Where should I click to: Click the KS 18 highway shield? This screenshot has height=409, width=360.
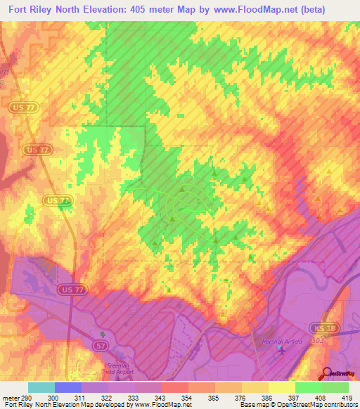320,328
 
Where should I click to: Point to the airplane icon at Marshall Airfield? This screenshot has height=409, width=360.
282,351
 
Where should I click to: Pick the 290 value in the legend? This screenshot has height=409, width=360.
23,398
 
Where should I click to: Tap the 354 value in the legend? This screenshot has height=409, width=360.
186,398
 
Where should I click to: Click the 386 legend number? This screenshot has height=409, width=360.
268,398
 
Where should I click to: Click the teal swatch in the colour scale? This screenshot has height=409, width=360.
41,387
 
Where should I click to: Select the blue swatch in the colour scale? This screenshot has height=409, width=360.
68,387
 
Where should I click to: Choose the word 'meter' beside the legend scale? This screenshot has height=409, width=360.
8,398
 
